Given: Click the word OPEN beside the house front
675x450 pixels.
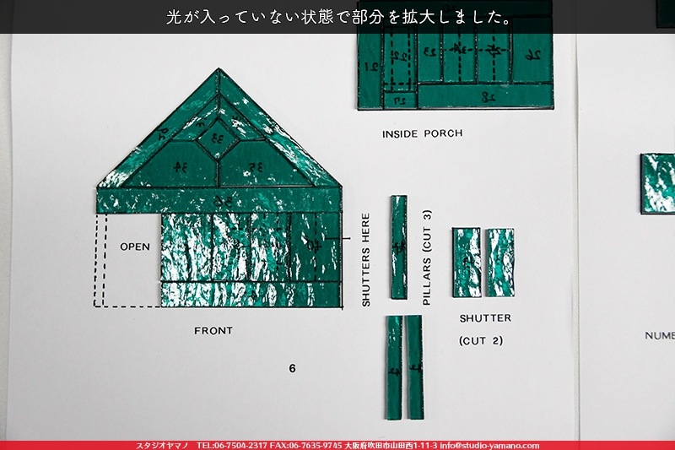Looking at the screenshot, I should pos(135,247).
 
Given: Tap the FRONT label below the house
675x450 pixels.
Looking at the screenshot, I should pos(213,331).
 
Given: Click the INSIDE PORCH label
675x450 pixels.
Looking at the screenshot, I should pos(422,134).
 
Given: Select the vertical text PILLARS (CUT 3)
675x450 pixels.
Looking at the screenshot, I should pos(426,257).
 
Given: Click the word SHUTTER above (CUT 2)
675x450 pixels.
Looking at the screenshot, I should pos(485,318).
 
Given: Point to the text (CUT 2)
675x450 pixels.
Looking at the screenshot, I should pos(481,341).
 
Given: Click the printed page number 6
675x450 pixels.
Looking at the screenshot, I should pos(292,368).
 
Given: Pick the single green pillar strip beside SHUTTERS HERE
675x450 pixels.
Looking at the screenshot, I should pos(398,247).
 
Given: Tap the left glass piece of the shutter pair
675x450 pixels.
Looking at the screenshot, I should pos(466,262).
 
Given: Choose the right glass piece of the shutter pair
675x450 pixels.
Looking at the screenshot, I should pos(499,262).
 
